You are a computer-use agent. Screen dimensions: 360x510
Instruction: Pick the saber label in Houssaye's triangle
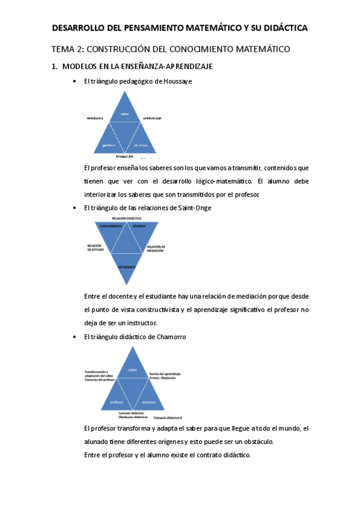(x=125, y=114)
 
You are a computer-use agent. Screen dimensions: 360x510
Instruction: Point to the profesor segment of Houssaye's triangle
(x=109, y=145)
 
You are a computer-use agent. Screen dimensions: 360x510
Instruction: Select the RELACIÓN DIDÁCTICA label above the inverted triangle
(x=126, y=218)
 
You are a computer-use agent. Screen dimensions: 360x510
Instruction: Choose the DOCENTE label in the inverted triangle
(x=139, y=227)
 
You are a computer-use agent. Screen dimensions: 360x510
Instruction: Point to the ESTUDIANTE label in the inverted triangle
(x=126, y=265)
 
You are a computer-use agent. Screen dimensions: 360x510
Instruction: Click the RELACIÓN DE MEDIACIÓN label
(x=155, y=248)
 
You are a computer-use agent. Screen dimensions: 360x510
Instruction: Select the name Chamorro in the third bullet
(x=172, y=337)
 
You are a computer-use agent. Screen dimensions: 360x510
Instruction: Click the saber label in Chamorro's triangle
(x=133, y=369)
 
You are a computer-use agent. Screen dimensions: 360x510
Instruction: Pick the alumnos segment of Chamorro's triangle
(x=149, y=401)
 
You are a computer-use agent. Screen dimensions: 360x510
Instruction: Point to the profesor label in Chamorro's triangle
(x=117, y=401)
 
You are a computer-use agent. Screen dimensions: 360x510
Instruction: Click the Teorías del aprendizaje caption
(x=165, y=374)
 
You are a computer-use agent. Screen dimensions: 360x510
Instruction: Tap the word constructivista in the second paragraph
(x=159, y=310)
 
